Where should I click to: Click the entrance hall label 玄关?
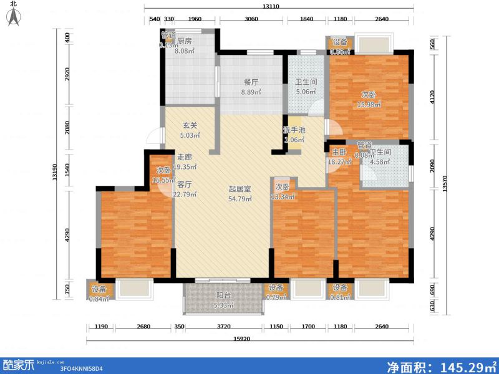coord(190,125)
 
